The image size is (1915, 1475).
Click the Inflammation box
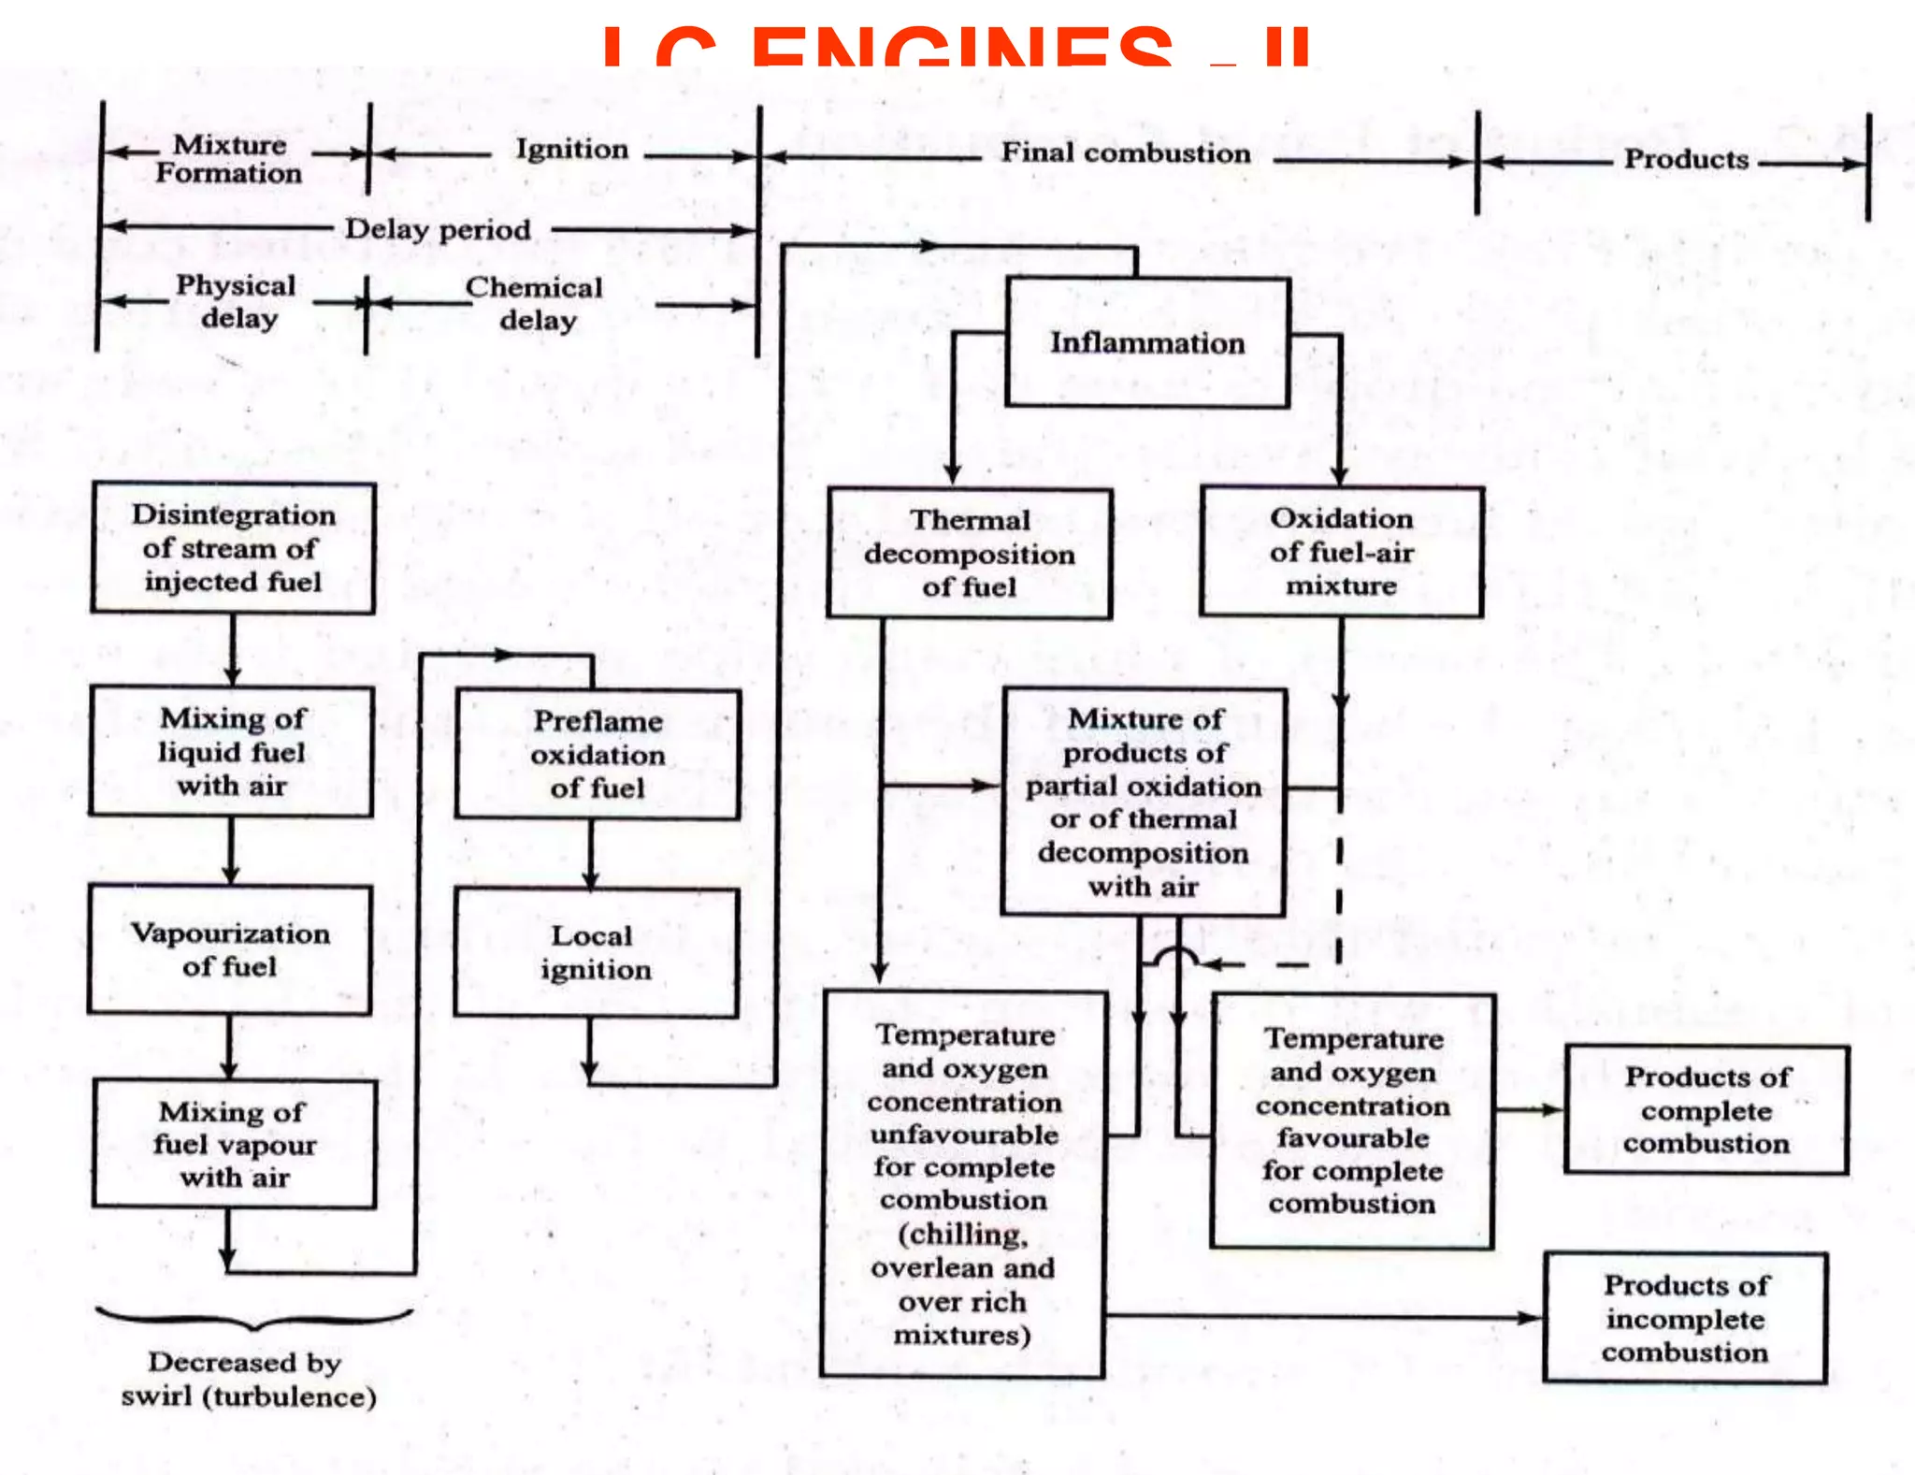pos(1147,342)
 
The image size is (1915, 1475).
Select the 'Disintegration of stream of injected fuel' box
pos(233,548)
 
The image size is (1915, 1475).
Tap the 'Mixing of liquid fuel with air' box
pos(231,752)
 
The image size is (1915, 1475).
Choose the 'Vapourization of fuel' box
pos(230,949)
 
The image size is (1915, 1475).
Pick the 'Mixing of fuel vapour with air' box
pos(235,1144)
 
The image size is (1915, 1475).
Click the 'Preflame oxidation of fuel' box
pos(598,754)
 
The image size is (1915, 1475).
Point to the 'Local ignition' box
pos(596,952)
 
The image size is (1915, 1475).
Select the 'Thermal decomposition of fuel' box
pos(970,554)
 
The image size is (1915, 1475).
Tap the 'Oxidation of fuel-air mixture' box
pos(1342,552)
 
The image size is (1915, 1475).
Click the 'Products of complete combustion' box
pos(1706,1110)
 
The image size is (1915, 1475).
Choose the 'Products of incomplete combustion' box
pos(1685,1319)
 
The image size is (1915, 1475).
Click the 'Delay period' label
pos(438,229)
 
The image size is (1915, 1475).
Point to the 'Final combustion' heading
pos(1126,152)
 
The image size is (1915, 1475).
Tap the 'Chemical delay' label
pos(535,303)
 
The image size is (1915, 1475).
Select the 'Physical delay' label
pos(237,301)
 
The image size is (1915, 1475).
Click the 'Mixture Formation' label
pos(229,159)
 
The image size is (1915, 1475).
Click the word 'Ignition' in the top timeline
pos(571,150)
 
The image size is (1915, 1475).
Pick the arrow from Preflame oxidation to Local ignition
pos(590,854)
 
